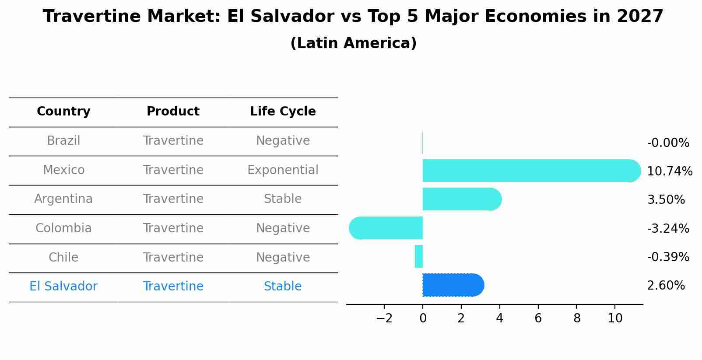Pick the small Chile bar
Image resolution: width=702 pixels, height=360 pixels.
tap(419, 256)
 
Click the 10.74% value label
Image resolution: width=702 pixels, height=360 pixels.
tap(669, 171)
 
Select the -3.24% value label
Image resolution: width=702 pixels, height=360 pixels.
tap(668, 228)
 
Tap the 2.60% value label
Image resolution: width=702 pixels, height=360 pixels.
tap(665, 286)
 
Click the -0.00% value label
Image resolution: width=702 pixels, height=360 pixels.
tap(668, 143)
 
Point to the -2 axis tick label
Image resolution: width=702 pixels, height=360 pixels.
tap(384, 318)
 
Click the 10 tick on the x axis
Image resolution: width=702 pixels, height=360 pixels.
tap(615, 318)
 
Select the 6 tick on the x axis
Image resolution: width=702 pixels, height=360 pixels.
tap(538, 318)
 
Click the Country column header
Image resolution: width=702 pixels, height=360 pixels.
tap(63, 112)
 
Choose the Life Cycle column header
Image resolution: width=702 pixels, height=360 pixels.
tap(283, 112)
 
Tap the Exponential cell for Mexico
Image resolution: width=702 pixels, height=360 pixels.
tap(283, 170)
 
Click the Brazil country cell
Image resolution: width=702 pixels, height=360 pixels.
tap(63, 141)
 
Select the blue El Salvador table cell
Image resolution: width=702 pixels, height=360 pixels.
tap(63, 287)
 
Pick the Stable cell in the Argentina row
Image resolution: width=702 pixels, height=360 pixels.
tap(283, 199)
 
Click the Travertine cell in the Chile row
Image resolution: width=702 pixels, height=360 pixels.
tap(173, 258)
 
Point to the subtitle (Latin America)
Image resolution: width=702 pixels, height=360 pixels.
tap(353, 43)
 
